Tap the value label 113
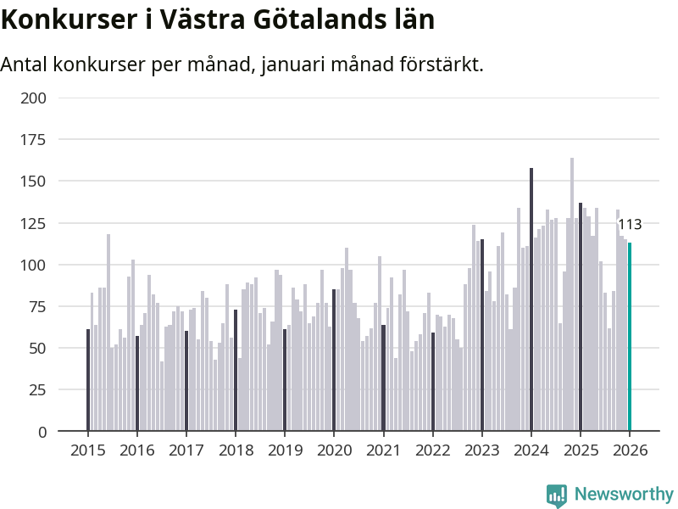630,225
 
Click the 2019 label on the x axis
285,450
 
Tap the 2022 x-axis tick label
432,450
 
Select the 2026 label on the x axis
630,450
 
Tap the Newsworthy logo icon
557,495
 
